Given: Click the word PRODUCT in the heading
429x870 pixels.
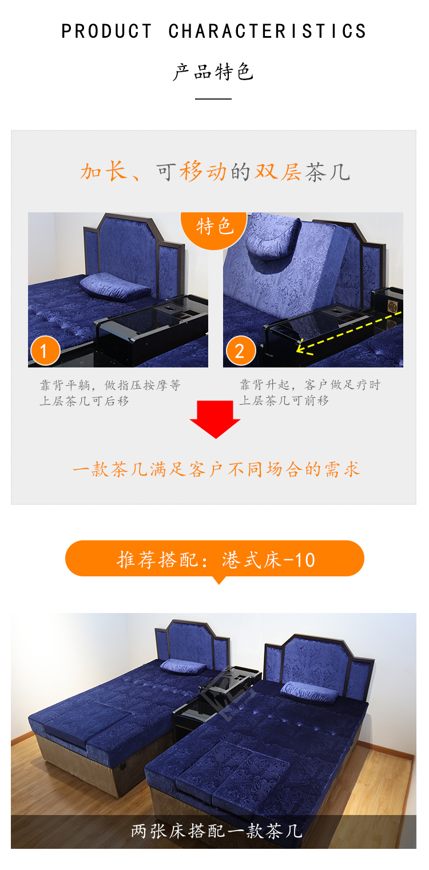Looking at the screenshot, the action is point(106,31).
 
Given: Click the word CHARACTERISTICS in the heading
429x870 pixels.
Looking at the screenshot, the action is point(268,31).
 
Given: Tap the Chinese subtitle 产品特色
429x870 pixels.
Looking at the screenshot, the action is point(213,72).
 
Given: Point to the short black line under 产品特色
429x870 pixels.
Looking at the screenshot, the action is point(213,98).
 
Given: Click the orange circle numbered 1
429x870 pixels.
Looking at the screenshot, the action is point(45,350).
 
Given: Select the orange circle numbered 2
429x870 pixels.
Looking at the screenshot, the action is point(241,350).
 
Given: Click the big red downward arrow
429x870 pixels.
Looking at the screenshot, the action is point(215,420).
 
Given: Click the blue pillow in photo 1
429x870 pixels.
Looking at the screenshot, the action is point(115,286).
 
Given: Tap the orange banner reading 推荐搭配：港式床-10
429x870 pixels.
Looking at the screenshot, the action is point(214,559).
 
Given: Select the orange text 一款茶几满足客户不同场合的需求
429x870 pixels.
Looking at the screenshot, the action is point(216,469).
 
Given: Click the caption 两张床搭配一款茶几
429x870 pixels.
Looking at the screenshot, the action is point(216,831).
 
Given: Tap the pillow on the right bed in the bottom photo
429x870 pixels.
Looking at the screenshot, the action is point(309,693).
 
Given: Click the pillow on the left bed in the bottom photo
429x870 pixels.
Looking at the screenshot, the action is point(183,666).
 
